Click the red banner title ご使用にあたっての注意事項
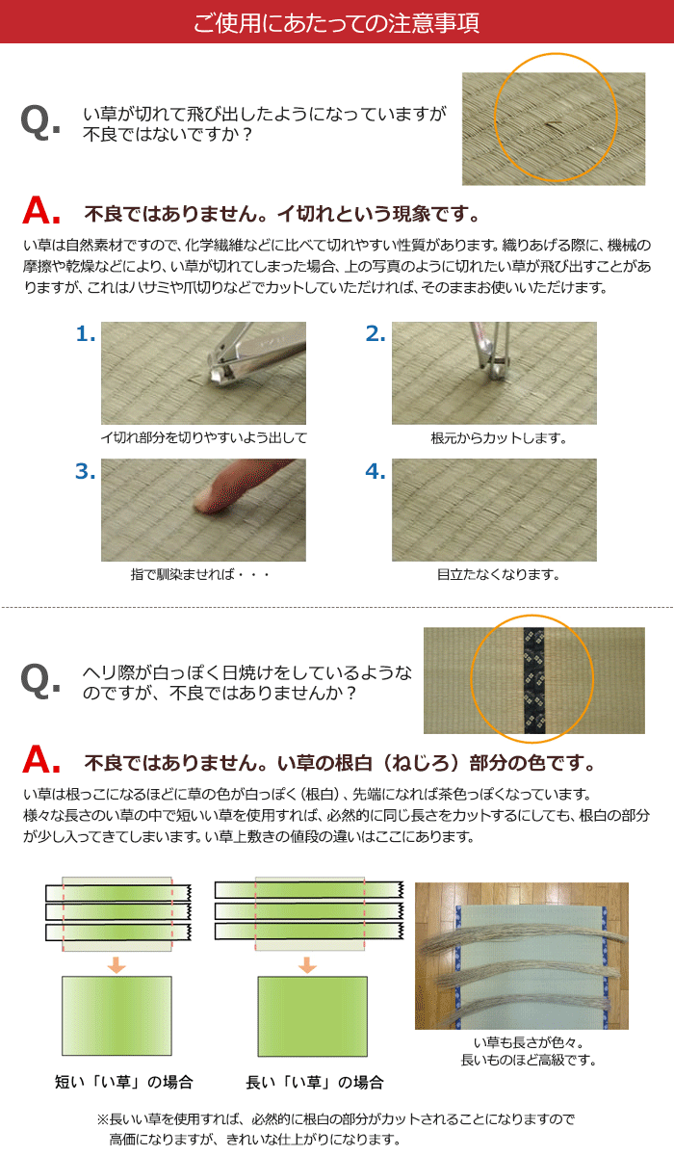pos(336,23)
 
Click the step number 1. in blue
pos(86,334)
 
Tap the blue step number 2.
pos(376,334)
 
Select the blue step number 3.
pos(86,471)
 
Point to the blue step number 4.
pos(376,471)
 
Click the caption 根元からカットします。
pos(499,438)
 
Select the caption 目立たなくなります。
pos(499,574)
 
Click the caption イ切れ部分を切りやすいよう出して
pos(204,438)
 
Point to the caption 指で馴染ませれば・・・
pos(200,574)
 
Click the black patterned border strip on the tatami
pos(533,680)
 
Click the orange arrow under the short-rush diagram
pos(117,964)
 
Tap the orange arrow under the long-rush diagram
pos(307,964)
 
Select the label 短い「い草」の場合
pos(124,1082)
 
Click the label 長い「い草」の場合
pos(315,1082)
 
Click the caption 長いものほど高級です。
pos(529,1061)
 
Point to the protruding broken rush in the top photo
pos(554,124)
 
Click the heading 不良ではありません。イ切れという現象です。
pos(282,214)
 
